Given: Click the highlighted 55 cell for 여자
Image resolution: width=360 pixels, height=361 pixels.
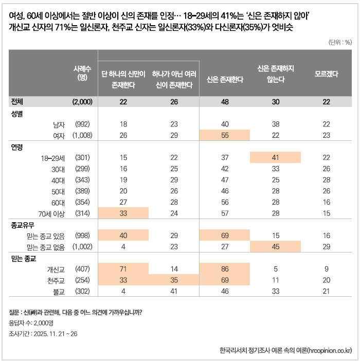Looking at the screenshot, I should click(225, 135).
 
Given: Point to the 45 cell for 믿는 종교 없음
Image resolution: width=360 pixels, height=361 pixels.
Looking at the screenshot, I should click(275, 247).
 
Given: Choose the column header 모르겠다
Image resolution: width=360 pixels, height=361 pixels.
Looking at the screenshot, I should click(326, 75).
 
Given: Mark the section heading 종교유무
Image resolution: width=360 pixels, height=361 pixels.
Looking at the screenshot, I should click(23, 225).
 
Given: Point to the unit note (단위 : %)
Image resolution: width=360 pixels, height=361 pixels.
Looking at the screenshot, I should click(339, 43).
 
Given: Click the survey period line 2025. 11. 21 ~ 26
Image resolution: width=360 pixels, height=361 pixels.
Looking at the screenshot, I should click(43, 333).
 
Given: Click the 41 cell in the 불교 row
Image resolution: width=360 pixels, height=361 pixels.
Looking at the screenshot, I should click(174, 292).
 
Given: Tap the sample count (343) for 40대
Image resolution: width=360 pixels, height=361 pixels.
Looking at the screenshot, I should click(82, 180).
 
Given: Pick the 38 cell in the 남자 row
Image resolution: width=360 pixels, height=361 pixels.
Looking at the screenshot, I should click(275, 124).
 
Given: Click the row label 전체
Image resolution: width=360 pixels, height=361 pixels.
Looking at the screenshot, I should click(18, 102).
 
